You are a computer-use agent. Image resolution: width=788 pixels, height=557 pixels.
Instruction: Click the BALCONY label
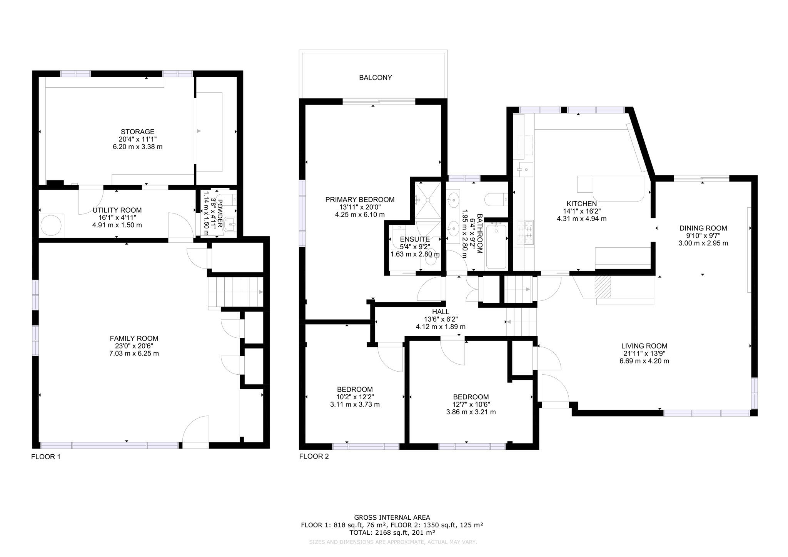(375, 78)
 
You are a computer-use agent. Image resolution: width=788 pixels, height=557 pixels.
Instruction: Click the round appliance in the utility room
(52, 225)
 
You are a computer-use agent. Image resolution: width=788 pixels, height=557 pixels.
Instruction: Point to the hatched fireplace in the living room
(603, 287)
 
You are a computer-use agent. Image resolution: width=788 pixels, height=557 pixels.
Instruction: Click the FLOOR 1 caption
(45, 457)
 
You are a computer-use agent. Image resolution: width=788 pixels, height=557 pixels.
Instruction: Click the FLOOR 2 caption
(314, 457)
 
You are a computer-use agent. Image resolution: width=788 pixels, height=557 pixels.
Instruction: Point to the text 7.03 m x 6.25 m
(134, 354)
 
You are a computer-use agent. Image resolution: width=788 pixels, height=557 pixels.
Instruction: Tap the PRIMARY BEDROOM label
(359, 200)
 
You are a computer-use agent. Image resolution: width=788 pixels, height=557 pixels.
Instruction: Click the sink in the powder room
(230, 224)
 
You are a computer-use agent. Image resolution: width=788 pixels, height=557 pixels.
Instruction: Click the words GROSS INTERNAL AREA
(392, 518)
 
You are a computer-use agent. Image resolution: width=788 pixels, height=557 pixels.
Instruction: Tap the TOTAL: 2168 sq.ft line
(392, 533)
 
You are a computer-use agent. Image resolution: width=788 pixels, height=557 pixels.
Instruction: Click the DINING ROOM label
(703, 228)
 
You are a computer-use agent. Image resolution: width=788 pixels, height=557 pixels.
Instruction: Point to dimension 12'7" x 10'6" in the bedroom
(471, 405)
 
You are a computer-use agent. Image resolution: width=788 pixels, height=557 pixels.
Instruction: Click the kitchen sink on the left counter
(525, 168)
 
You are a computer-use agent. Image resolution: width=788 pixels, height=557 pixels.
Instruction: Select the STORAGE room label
(137, 132)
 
